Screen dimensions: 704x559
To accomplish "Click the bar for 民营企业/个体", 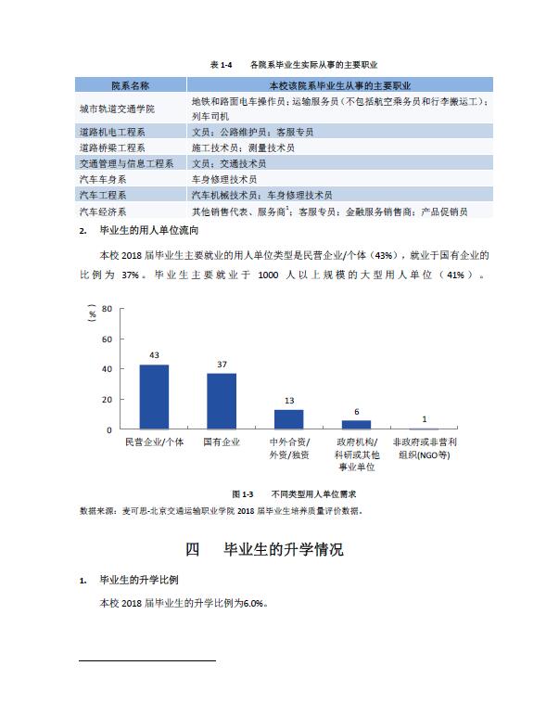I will pos(154,397).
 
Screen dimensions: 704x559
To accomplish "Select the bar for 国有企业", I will pos(222,402).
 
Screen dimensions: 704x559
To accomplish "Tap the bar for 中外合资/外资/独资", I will pos(289,419).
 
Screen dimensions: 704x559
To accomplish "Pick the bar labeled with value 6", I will pos(356,425).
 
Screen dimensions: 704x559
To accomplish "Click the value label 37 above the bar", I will pos(222,365).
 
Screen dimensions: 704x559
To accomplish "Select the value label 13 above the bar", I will pos(289,402).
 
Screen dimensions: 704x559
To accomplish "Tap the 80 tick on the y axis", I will pos(107,308).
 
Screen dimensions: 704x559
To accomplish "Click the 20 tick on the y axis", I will pos(107,400).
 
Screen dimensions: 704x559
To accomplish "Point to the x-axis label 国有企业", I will pos(222,442).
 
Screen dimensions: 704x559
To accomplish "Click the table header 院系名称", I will pos(130,85).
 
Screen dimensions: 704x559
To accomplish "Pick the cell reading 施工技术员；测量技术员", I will pos(243,147).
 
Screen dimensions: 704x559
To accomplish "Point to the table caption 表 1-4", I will pos(220,65).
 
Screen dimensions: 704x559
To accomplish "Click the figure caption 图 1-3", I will pos(243,494).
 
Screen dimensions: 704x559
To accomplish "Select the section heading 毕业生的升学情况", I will pos(284,549).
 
